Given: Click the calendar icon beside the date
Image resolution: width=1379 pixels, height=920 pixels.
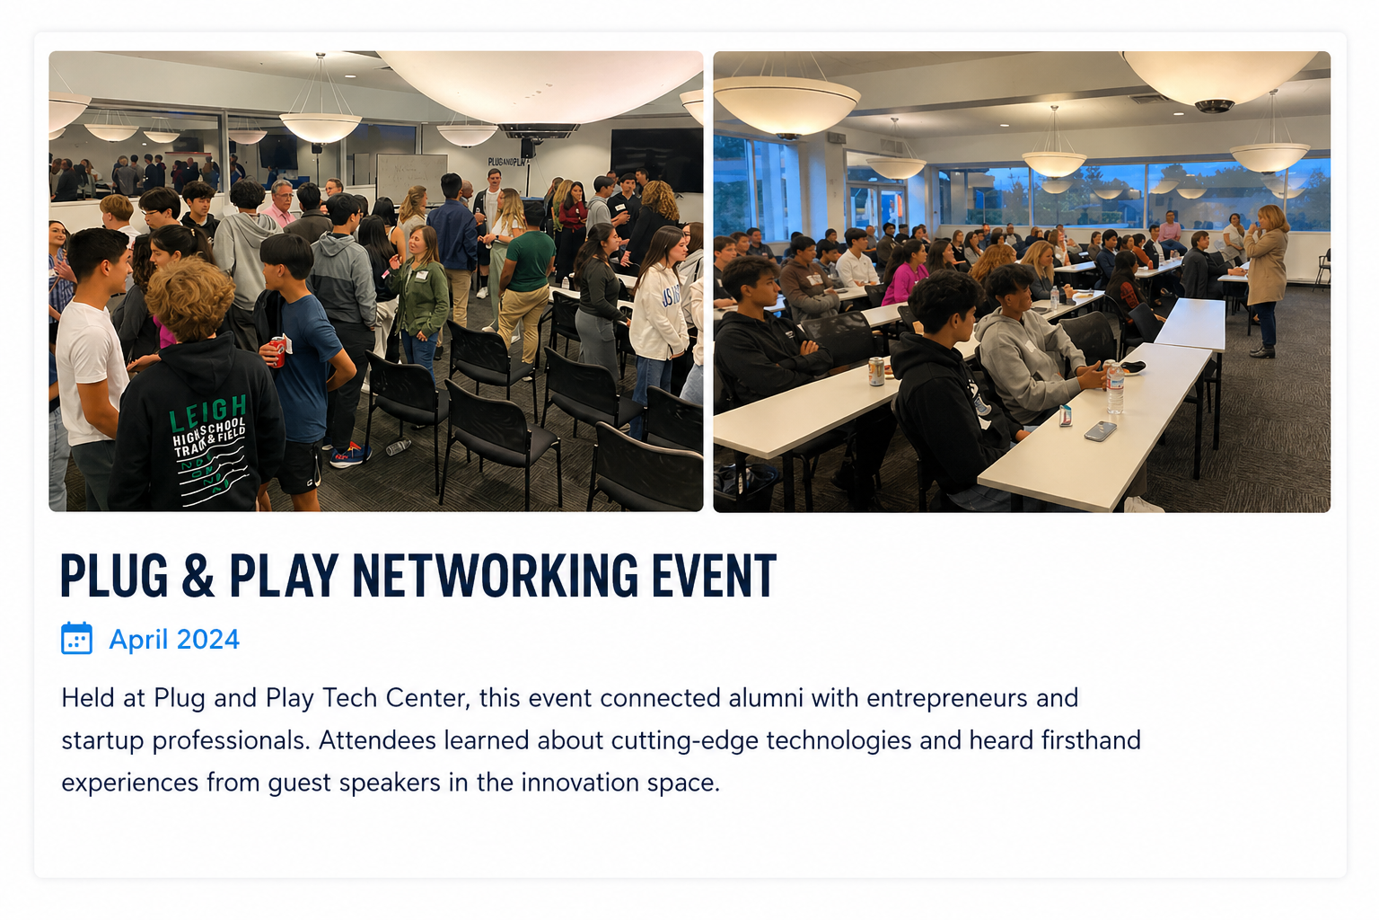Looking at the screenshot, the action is tap(76, 639).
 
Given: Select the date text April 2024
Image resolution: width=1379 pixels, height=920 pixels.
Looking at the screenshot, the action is tap(174, 640).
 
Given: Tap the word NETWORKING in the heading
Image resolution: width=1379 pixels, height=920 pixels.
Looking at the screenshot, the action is tap(496, 575).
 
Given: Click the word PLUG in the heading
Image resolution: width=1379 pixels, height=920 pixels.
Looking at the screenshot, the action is tap(114, 575).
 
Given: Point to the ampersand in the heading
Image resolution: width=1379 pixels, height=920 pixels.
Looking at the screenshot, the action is tap(198, 575).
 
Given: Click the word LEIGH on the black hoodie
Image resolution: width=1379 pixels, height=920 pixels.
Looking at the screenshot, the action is tap(208, 413).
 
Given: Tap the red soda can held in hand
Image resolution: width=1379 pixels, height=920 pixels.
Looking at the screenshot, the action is tap(277, 352).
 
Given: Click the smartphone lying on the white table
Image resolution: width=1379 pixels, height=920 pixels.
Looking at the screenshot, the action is tap(1100, 430).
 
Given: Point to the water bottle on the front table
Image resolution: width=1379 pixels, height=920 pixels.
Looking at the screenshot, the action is tap(1115, 388).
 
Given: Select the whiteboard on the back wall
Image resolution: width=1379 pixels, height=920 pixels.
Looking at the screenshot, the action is tap(412, 179).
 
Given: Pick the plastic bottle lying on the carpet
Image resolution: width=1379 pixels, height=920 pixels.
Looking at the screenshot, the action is tap(399, 447).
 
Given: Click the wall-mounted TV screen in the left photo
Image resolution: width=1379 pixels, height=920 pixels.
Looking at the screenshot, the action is tap(656, 160).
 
